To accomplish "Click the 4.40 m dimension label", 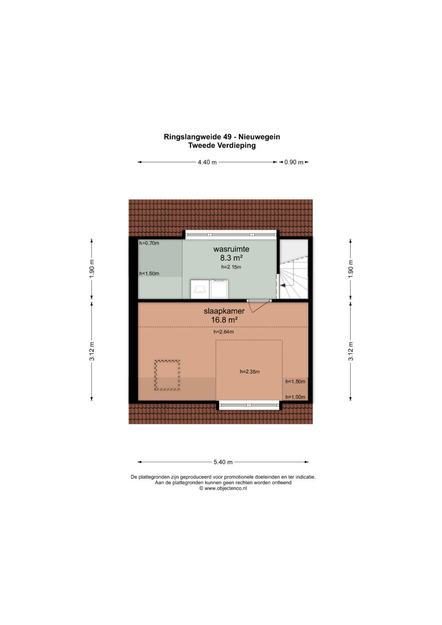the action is (x=207, y=162).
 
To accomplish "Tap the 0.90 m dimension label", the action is (x=293, y=162).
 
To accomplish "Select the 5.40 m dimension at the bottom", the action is (x=223, y=462).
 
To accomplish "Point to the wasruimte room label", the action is (x=231, y=249).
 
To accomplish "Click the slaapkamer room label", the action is (x=224, y=311).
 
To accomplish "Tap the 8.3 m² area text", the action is (x=231, y=258).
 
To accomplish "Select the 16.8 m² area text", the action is (x=224, y=320).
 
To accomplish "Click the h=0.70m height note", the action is (x=149, y=243).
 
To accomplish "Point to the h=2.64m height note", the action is (x=223, y=332).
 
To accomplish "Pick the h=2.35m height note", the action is (x=250, y=372).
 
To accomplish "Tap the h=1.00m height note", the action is (x=295, y=397).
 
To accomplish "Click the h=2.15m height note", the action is (x=231, y=267).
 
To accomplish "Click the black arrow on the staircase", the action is (x=283, y=285).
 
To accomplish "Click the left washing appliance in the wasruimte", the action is (x=200, y=289).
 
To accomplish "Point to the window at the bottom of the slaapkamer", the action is (x=249, y=405).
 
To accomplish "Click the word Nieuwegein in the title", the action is (x=259, y=137).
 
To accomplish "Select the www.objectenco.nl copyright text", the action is (x=223, y=488).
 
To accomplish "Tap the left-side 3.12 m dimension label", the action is (x=92, y=351).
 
